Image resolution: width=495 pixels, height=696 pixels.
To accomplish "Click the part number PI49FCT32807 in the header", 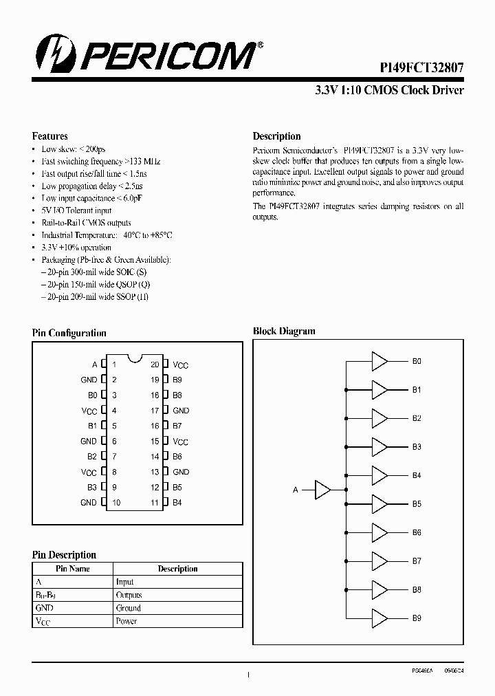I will tap(422, 68).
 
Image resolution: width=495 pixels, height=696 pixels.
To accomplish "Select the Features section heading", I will tap(49, 136).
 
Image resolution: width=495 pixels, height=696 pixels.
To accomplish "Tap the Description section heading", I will tap(276, 136).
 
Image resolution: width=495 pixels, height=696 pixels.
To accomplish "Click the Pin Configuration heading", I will tap(69, 333).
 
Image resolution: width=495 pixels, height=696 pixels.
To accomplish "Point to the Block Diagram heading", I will tap(284, 331).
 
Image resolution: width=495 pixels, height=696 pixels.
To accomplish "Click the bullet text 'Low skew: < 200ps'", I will tap(73, 149).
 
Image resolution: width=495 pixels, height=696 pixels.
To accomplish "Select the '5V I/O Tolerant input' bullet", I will tap(76, 210).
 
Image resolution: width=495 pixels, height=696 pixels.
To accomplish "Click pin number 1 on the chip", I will tap(115, 365).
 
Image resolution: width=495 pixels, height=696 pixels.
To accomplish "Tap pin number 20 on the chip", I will tap(155, 365).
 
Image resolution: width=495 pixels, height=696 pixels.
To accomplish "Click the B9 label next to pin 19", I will tap(177, 380).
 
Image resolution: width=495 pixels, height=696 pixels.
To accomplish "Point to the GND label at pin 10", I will tap(89, 503).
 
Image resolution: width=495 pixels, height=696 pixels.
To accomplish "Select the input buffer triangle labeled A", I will tap(322, 489).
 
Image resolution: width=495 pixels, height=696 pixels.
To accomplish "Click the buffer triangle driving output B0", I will tap(379, 361).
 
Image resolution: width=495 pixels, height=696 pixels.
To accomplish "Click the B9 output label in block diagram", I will tap(417, 618).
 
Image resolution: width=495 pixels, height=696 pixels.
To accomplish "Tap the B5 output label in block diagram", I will tap(417, 504).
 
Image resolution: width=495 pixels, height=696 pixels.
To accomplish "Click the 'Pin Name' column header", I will tap(72, 569).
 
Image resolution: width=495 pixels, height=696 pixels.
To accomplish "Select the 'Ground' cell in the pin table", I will tap(128, 608).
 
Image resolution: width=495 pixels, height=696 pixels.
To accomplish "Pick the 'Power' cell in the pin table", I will tap(126, 621).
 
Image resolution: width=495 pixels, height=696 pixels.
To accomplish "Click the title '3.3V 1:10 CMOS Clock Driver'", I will tap(389, 90).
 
